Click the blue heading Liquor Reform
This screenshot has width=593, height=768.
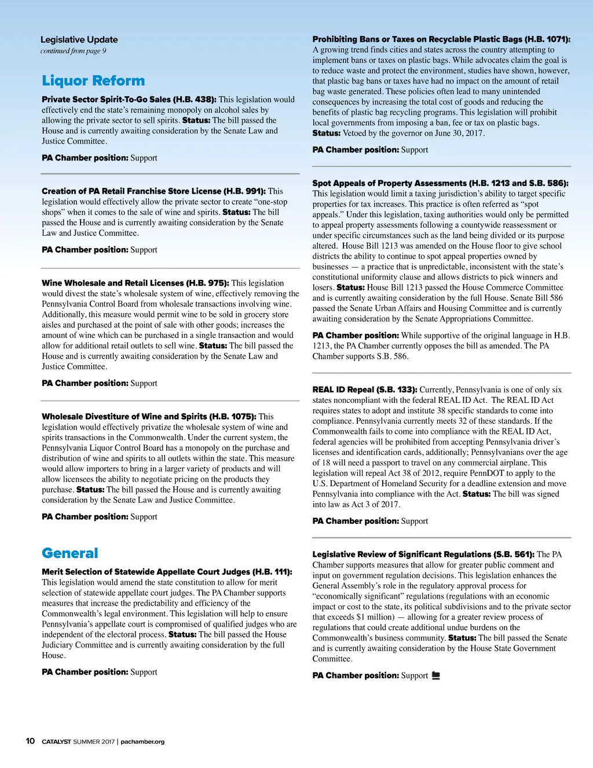[x=93, y=81]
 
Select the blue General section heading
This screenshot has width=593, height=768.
[x=70, y=553]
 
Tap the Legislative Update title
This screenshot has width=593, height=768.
[x=79, y=39]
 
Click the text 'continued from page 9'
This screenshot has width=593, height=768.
[x=74, y=51]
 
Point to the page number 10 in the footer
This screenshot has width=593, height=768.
[x=30, y=741]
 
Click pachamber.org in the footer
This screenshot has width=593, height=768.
[x=142, y=741]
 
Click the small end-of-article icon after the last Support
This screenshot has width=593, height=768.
[x=436, y=675]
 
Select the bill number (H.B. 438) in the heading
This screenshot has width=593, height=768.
[x=195, y=100]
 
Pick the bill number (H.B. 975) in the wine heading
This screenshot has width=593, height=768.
[x=207, y=283]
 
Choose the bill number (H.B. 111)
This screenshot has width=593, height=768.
[x=272, y=572]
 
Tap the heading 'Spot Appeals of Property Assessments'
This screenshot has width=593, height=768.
[x=389, y=183]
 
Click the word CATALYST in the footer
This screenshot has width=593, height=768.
[x=56, y=741]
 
